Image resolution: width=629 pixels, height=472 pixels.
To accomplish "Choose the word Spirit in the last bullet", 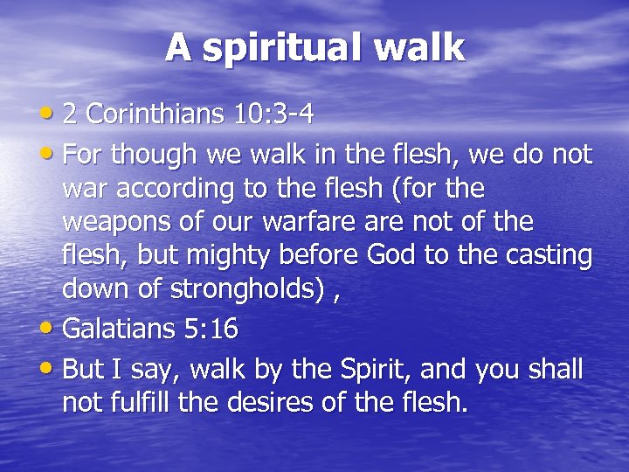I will click(379, 370).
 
